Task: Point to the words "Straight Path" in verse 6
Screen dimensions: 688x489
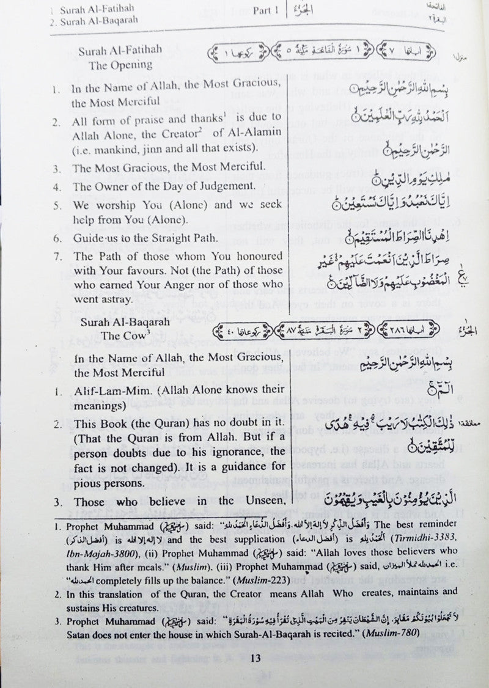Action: (x=197, y=238)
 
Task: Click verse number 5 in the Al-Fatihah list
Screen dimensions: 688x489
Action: (x=56, y=205)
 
